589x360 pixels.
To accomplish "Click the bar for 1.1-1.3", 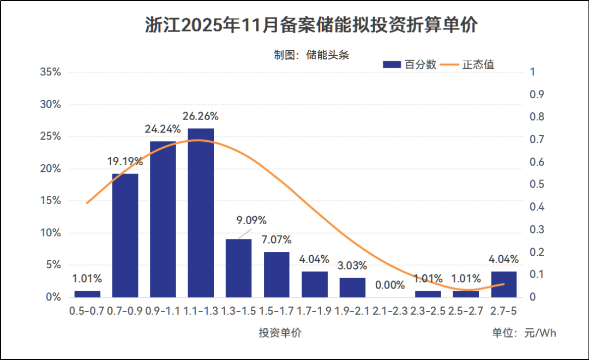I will click(201, 213).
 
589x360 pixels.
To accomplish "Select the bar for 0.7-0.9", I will click(125, 235).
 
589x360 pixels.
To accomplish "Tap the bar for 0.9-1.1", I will click(163, 219).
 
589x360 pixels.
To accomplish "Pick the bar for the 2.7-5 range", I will click(503, 284).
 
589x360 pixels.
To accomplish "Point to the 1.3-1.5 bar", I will click(238, 268).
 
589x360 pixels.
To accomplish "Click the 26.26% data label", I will click(201, 116).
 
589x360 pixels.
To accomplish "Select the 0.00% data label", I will click(390, 285).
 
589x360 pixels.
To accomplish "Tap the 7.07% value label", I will click(276, 239).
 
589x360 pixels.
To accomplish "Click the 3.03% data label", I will click(352, 266).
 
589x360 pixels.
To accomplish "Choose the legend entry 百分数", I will click(410, 64).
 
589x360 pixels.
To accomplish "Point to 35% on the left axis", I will click(50, 73).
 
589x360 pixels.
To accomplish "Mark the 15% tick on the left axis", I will click(50, 201).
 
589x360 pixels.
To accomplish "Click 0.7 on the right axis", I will click(537, 140).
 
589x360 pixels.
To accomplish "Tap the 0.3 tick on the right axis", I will click(537, 230).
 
